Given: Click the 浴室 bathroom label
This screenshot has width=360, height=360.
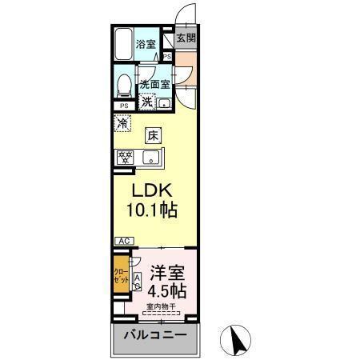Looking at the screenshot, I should [x=145, y=45].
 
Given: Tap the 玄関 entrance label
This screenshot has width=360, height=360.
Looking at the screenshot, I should [x=186, y=38].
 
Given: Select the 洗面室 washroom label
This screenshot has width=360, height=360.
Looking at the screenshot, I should [x=154, y=85].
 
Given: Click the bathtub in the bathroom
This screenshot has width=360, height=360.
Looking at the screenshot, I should [x=123, y=46].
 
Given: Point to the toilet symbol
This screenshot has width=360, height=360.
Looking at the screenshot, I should [x=124, y=85].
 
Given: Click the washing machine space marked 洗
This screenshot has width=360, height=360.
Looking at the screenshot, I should [x=147, y=102].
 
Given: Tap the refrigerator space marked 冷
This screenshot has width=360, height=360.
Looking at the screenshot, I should [x=122, y=123].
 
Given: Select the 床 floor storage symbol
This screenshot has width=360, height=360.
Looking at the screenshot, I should [x=152, y=135].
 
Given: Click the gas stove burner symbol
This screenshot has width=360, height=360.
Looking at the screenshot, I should [x=126, y=157].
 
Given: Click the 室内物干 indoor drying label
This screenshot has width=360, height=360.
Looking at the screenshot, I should [x=166, y=306].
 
